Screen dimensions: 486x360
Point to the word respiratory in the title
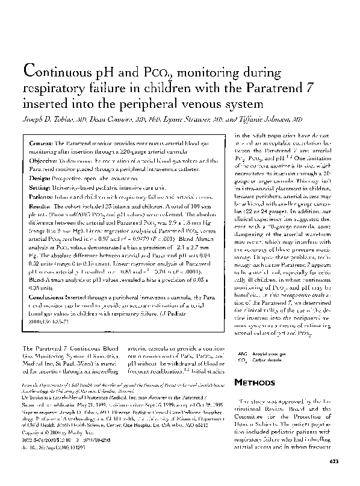click(52, 89)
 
